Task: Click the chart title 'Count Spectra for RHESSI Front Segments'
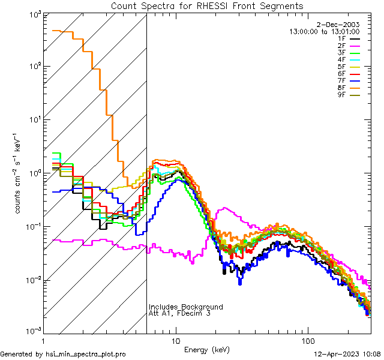(x=207, y=6)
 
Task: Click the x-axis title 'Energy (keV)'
(x=206, y=349)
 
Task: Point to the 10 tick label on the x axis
(x=175, y=341)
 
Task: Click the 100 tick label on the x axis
(x=307, y=341)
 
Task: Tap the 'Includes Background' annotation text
(x=185, y=307)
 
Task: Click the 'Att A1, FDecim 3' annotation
(x=179, y=313)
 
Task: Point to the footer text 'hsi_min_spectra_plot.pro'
(x=86, y=355)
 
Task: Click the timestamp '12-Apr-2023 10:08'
(x=348, y=355)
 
